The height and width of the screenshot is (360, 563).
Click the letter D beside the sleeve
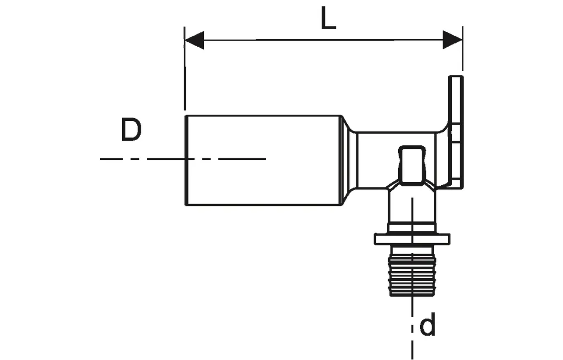(x=131, y=130)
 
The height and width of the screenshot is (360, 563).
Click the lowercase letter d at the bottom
(x=427, y=326)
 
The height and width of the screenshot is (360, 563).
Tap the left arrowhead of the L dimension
(x=194, y=40)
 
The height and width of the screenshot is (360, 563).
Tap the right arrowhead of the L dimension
(x=452, y=40)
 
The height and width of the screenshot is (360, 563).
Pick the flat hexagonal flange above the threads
(x=412, y=239)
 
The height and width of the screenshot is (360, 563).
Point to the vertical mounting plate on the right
(x=456, y=132)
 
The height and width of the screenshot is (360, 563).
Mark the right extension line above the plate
(x=462, y=55)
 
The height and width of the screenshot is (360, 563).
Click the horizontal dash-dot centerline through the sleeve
(x=143, y=159)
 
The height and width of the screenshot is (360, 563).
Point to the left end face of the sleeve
(x=185, y=160)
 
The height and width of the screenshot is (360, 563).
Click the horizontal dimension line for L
(x=324, y=40)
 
